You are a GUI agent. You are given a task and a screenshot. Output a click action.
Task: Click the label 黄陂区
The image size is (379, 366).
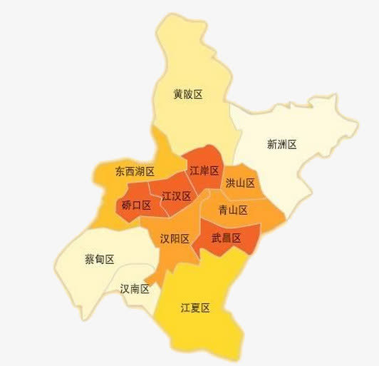(188, 94)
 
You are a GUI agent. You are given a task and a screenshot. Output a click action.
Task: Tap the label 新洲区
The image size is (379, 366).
(281, 144)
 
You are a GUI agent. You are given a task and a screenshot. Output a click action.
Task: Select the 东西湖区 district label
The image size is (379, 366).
(135, 171)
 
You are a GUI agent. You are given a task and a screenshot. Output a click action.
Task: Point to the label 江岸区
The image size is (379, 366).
(204, 171)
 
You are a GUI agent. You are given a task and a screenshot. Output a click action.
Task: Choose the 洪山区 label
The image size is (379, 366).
(240, 183)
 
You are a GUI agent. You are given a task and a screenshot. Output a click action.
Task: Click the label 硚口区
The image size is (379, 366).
(136, 205)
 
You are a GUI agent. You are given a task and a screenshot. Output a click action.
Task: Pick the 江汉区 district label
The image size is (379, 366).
(176, 195)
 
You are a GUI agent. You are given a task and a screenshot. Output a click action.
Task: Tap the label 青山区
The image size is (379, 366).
(233, 210)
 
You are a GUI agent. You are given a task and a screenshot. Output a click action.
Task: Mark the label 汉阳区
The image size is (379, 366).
(175, 238)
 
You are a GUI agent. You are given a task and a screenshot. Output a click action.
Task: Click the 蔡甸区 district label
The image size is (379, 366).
(100, 259)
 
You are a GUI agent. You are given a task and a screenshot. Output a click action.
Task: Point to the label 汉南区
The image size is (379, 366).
(135, 289)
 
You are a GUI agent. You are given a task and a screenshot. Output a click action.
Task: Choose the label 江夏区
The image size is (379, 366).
(196, 308)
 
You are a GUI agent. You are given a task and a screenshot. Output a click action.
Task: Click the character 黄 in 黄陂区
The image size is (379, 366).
(178, 94)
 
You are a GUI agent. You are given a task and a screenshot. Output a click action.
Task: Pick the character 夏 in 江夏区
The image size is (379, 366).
(196, 308)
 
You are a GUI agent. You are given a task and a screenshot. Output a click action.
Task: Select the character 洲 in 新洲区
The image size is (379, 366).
(281, 144)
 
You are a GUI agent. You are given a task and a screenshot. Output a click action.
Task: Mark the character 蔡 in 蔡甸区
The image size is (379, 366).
(90, 259)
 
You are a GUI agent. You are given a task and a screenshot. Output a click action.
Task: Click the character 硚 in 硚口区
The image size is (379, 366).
(126, 205)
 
